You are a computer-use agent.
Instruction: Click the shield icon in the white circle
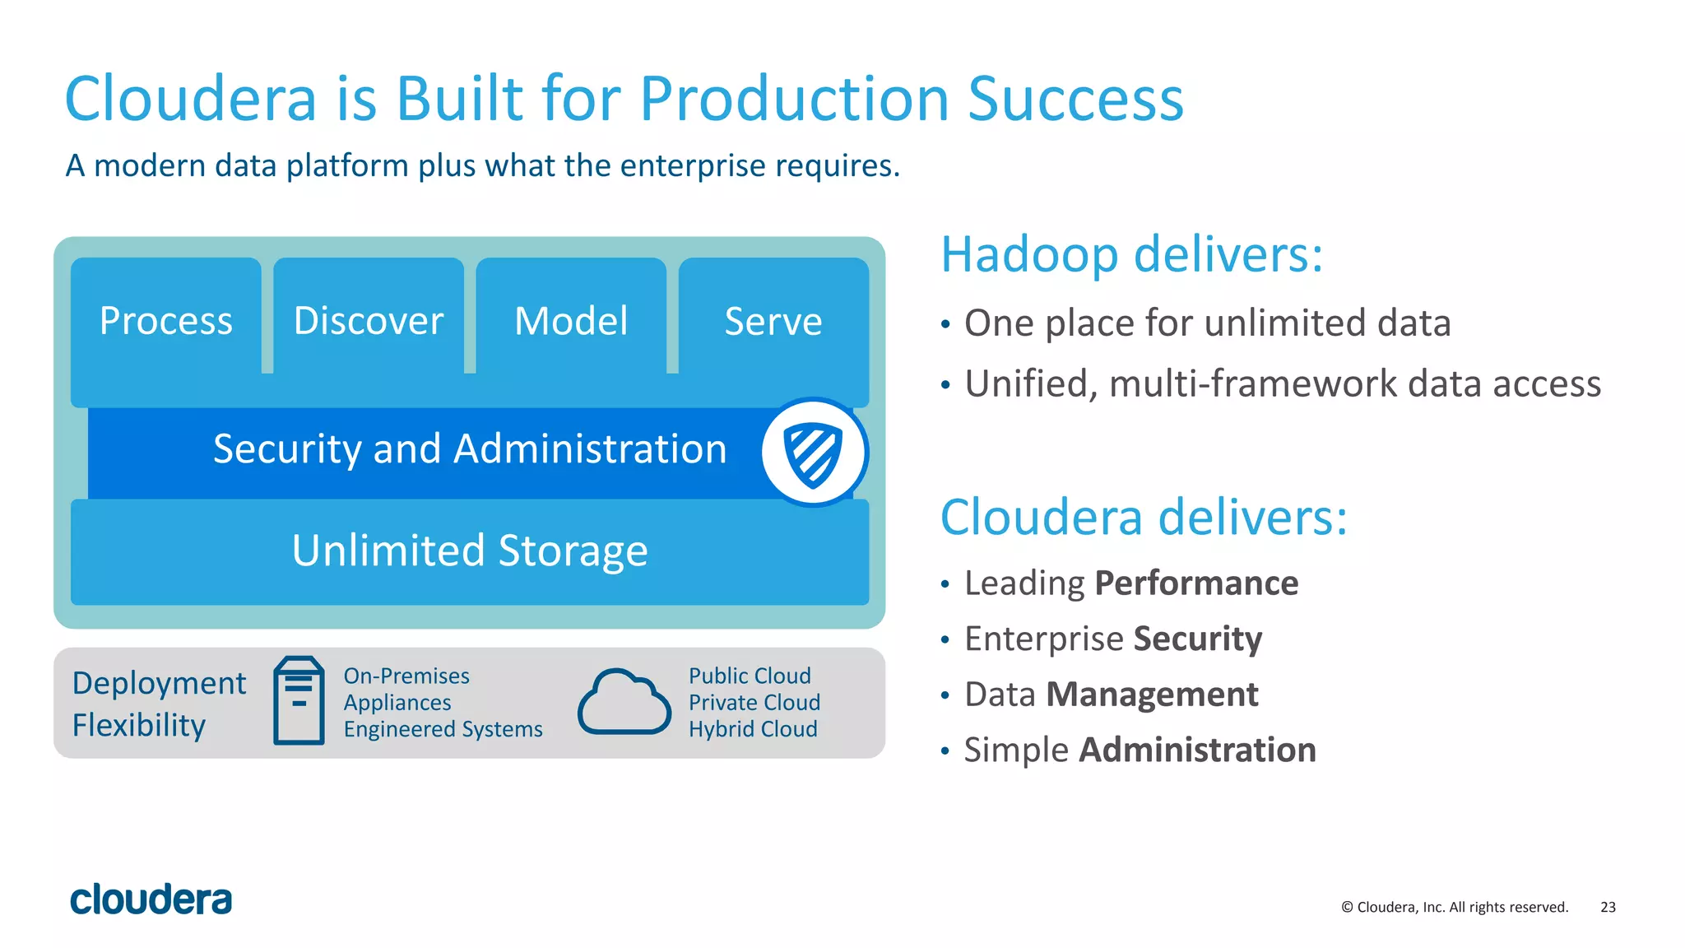click(814, 453)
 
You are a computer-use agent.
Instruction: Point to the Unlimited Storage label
click(470, 551)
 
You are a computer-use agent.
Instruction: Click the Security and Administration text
click(470, 449)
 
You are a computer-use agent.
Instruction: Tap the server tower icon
click(299, 700)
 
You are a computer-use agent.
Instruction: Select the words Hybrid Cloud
click(753, 729)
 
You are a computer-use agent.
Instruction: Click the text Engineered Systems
click(443, 729)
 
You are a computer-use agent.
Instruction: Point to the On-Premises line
click(406, 676)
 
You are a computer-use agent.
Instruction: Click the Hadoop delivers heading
click(1131, 254)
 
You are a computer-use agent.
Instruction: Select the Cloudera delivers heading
click(1144, 518)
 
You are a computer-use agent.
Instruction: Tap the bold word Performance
click(1196, 583)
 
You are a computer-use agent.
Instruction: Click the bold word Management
click(1152, 695)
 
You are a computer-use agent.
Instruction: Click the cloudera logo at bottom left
click(151, 899)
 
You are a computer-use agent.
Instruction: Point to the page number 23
click(1608, 907)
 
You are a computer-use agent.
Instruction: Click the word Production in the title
click(794, 99)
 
